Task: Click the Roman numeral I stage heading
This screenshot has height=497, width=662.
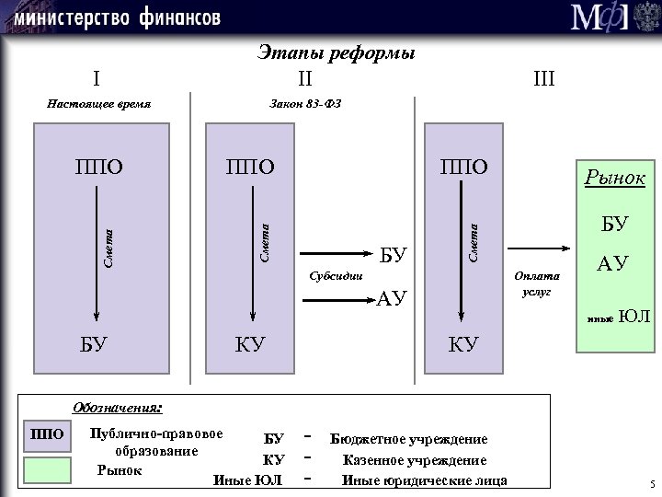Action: [97, 76]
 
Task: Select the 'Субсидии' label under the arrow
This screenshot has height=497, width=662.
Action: [337, 275]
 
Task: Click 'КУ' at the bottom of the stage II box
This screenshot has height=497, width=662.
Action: [250, 346]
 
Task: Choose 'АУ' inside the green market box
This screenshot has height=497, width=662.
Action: [613, 265]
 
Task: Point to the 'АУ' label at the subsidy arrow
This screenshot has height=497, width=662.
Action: [392, 297]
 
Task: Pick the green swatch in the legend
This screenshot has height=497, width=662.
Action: [47, 469]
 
